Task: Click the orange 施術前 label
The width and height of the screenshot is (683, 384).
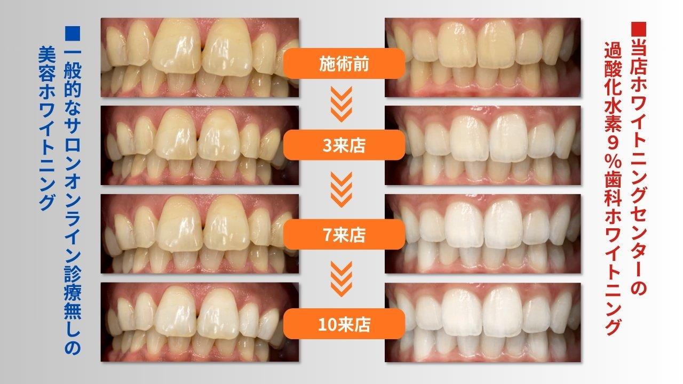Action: [344, 63]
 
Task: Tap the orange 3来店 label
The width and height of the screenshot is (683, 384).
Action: [344, 145]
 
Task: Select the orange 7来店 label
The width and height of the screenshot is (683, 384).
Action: [344, 234]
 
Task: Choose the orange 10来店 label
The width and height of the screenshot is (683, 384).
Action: [344, 324]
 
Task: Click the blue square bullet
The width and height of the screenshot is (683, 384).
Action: [72, 34]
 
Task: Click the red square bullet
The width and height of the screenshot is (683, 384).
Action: [639, 29]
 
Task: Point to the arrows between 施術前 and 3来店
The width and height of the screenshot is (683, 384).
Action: [341, 104]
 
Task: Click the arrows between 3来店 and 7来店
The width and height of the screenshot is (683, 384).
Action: [341, 189]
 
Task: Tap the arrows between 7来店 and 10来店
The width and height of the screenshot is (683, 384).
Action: [341, 279]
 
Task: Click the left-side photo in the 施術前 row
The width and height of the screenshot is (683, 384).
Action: [200, 57]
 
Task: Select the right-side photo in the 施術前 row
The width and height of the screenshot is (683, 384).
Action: [483, 57]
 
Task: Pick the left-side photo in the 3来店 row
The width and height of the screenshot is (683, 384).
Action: [200, 146]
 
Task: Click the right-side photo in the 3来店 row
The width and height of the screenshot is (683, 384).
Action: [483, 146]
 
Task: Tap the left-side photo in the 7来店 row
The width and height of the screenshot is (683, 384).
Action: [200, 234]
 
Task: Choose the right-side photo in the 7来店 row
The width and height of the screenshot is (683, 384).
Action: [483, 234]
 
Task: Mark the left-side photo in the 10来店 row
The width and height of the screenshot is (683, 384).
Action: [200, 322]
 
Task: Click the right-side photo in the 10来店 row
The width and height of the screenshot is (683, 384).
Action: [483, 322]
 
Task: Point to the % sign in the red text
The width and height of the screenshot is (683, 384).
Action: [613, 163]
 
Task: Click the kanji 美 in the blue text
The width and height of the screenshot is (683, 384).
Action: [47, 55]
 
